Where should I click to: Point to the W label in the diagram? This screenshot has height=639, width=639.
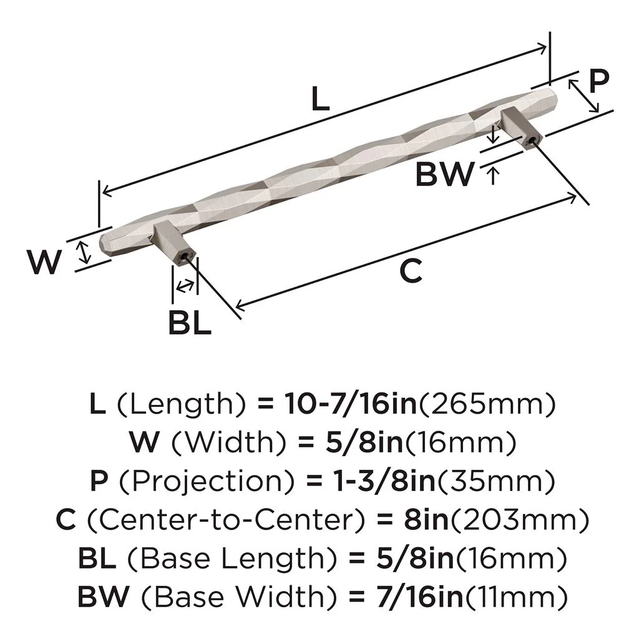coord(45,261)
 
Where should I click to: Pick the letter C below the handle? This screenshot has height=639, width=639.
coord(411,271)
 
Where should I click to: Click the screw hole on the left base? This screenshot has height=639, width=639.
coord(183,256)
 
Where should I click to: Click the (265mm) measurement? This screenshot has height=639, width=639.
coord(486,406)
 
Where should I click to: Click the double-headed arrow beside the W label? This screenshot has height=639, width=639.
coord(81,253)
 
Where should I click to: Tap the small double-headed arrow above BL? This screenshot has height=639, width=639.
coord(184,286)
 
